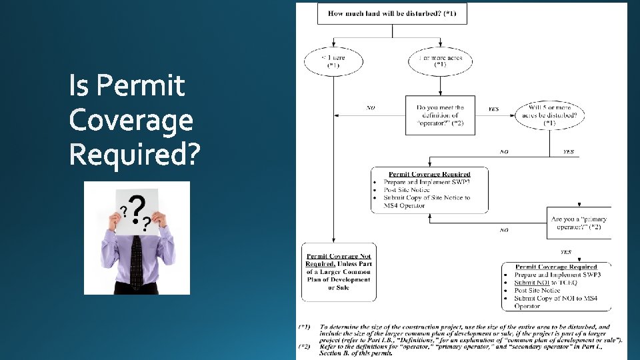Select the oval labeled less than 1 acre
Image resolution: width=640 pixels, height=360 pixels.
[333, 62]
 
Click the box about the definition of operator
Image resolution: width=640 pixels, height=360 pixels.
[440, 115]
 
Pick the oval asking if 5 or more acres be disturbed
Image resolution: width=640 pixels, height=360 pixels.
[550, 115]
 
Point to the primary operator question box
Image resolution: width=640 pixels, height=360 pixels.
[578, 223]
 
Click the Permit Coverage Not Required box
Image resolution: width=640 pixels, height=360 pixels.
[339, 272]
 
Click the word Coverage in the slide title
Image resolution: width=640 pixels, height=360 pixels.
[131, 121]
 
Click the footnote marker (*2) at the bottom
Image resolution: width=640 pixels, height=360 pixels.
[304, 347]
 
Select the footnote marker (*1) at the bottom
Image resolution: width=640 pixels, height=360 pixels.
[304, 327]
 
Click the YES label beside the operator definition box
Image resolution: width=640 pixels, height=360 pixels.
[493, 109]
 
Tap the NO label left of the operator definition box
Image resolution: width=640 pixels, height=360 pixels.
[371, 107]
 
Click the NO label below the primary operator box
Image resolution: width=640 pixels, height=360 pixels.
[504, 230]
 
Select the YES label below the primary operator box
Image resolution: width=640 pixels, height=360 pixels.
[565, 252]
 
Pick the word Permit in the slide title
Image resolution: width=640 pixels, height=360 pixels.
[127, 87]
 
